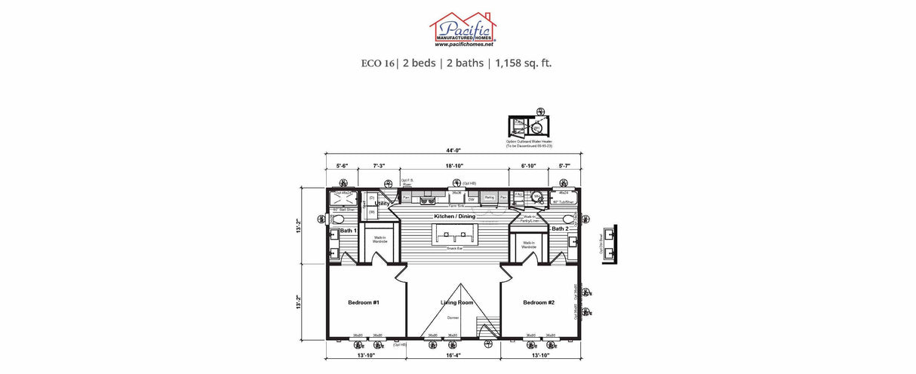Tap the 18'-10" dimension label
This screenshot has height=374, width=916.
pos(454,166)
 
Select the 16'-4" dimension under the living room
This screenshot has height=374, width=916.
pos(453,354)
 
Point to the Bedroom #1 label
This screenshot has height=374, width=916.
pos(363,302)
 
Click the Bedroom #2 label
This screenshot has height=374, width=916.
pos(539,302)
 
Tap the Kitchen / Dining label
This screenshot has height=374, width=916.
pos(454,216)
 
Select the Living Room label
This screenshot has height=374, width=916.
pos(456,302)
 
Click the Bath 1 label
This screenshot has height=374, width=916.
pos(347,230)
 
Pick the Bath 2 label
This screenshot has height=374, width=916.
pos(560,228)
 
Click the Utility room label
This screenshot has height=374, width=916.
pos(383,204)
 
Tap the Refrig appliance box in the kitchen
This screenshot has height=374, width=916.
pos(489,198)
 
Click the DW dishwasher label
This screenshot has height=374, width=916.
pos(471,199)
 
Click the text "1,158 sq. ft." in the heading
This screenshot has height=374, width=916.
pos(523,63)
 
